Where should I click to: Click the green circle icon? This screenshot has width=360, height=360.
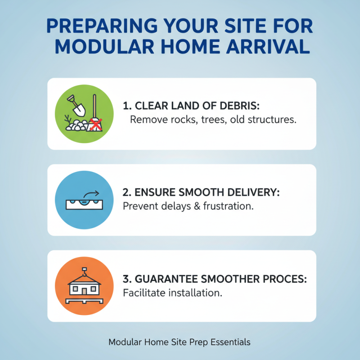[x=84, y=114]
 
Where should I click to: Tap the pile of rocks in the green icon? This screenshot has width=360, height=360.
[x=78, y=126]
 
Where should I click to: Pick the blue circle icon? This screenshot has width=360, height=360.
[x=84, y=200]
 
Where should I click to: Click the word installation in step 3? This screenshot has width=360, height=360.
[x=196, y=293]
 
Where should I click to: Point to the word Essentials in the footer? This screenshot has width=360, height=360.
[x=229, y=342]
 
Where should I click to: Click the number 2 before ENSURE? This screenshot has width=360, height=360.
[x=126, y=193]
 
